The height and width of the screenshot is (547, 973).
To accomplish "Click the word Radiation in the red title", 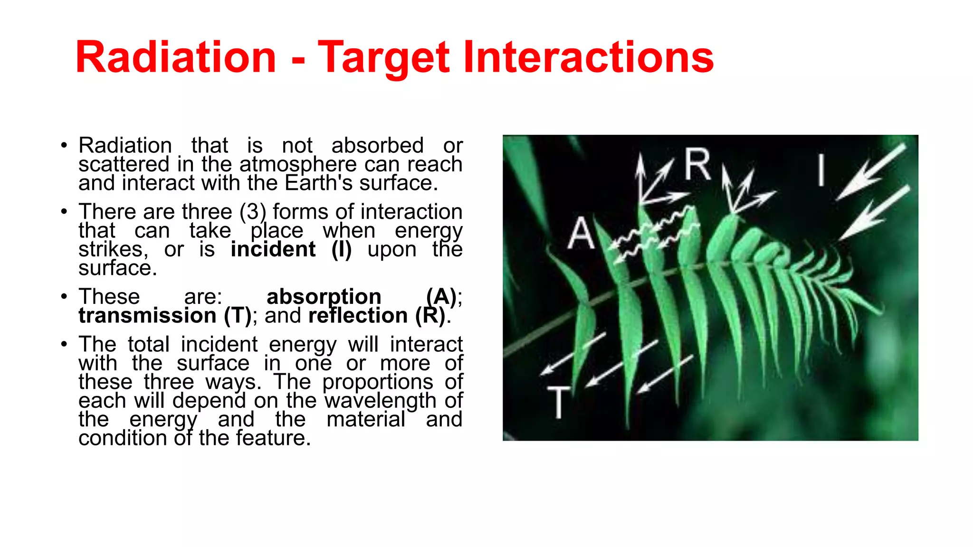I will [176, 57].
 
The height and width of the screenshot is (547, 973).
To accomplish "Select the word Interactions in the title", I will [588, 57].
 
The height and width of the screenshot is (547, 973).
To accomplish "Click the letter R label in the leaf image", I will [697, 164].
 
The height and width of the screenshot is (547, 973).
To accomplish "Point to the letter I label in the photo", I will [820, 170].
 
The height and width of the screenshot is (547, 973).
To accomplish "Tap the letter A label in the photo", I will [581, 233].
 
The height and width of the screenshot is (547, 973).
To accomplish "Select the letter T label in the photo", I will [559, 402].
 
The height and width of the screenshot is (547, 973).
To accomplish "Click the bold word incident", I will [273, 249].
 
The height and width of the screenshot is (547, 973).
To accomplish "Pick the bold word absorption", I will [324, 297].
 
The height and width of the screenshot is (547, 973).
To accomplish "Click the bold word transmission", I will [147, 316].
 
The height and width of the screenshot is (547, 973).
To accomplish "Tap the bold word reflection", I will [358, 316].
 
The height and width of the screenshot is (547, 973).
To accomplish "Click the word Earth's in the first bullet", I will [319, 183].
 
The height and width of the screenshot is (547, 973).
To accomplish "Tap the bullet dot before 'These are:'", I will [64, 297].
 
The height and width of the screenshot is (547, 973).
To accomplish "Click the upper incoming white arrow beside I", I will [872, 171].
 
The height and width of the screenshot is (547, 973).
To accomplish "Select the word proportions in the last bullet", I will [377, 382].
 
